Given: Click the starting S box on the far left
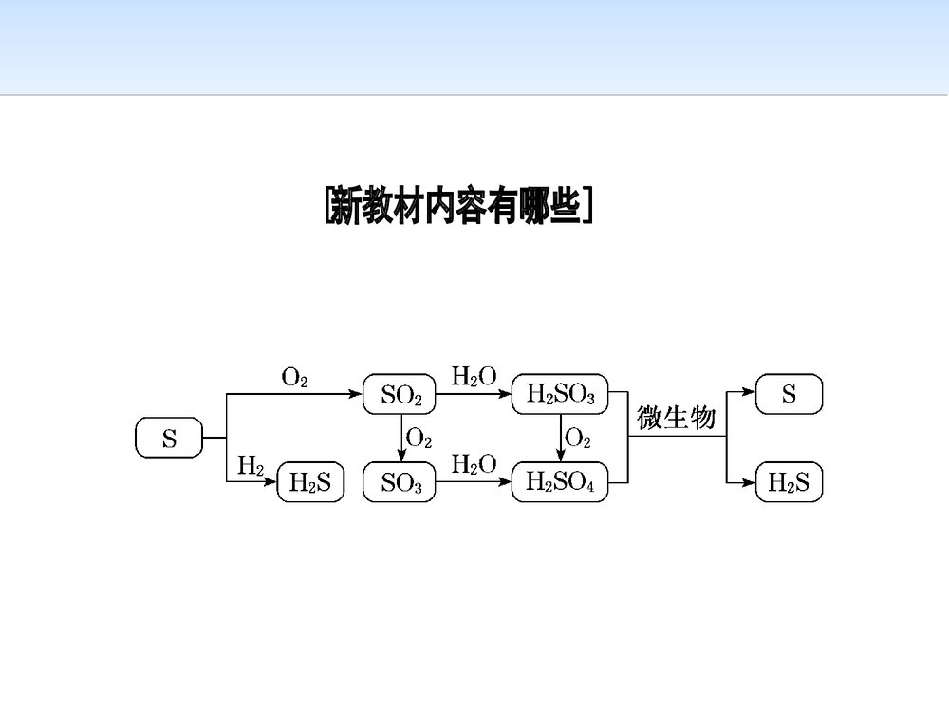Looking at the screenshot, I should (x=169, y=439).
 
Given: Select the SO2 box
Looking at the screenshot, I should (x=400, y=395).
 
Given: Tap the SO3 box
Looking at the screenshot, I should (x=400, y=484).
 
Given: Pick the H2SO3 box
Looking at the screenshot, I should (x=559, y=395).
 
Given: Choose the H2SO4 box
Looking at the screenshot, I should (x=559, y=484).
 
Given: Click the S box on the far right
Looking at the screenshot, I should (x=789, y=394).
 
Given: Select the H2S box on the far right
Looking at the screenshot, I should (x=789, y=483).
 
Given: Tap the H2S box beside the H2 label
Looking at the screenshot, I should (x=309, y=484).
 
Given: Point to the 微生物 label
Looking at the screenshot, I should (x=676, y=418).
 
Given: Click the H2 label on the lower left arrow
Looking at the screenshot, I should (x=251, y=465).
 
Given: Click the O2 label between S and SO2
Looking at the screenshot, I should (x=294, y=377).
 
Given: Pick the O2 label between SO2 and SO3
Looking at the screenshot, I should (x=419, y=439).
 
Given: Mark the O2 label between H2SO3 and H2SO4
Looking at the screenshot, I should (x=578, y=439).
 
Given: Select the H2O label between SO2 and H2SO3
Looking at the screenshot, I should (x=474, y=377).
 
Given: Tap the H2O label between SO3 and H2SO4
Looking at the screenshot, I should (x=474, y=465).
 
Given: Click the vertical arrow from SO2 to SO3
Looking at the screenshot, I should (x=400, y=439).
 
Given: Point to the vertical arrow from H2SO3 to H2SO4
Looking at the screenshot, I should (x=559, y=439).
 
